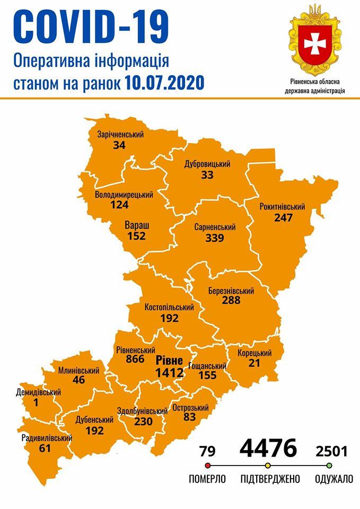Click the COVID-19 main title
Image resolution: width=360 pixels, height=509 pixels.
point(91,27)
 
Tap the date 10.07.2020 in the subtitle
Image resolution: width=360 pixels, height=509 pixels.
point(165,83)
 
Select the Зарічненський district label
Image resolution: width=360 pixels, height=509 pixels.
point(120,135)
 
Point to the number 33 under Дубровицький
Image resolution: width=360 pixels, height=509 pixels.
point(207,174)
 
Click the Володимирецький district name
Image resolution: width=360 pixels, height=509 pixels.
point(124,195)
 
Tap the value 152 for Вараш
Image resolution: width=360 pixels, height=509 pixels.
point(137,236)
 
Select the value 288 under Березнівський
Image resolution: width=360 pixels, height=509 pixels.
point(231,301)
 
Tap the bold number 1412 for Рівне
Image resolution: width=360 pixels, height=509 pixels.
point(169,373)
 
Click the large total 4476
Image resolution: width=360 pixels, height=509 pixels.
point(268,448)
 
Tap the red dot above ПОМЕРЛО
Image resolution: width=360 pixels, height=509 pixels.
point(207,466)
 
